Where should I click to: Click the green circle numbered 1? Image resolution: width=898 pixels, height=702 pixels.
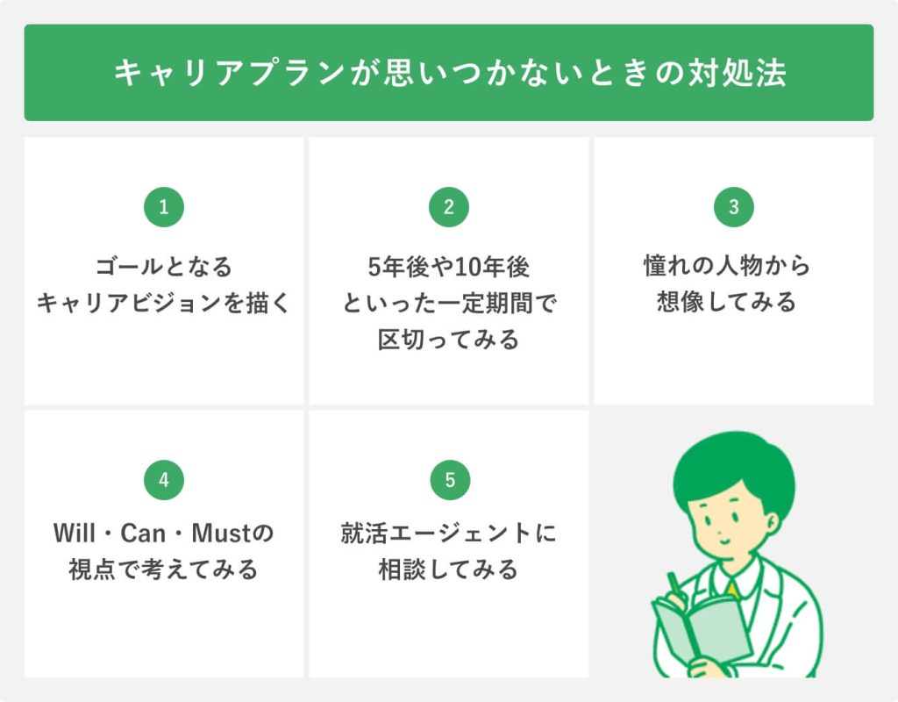coord(164,207)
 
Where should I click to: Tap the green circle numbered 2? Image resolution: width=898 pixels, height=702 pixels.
coord(449,207)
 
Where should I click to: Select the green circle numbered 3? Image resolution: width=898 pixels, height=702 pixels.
coord(734,207)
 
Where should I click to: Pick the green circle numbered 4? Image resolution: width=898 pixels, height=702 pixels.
coord(164,480)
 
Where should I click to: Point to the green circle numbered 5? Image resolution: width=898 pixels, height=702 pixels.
coord(450,480)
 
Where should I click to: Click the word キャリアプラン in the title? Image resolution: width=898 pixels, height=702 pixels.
coord(229,73)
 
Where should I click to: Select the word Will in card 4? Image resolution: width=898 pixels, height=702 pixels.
coord(75,533)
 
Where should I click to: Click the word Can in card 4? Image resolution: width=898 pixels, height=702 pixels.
coord(142,534)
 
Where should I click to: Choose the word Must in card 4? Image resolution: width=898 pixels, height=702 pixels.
coord(221,534)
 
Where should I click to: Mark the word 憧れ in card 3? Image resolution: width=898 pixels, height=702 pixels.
coord(666,267)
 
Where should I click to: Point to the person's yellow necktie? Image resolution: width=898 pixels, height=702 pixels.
coord(732,590)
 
